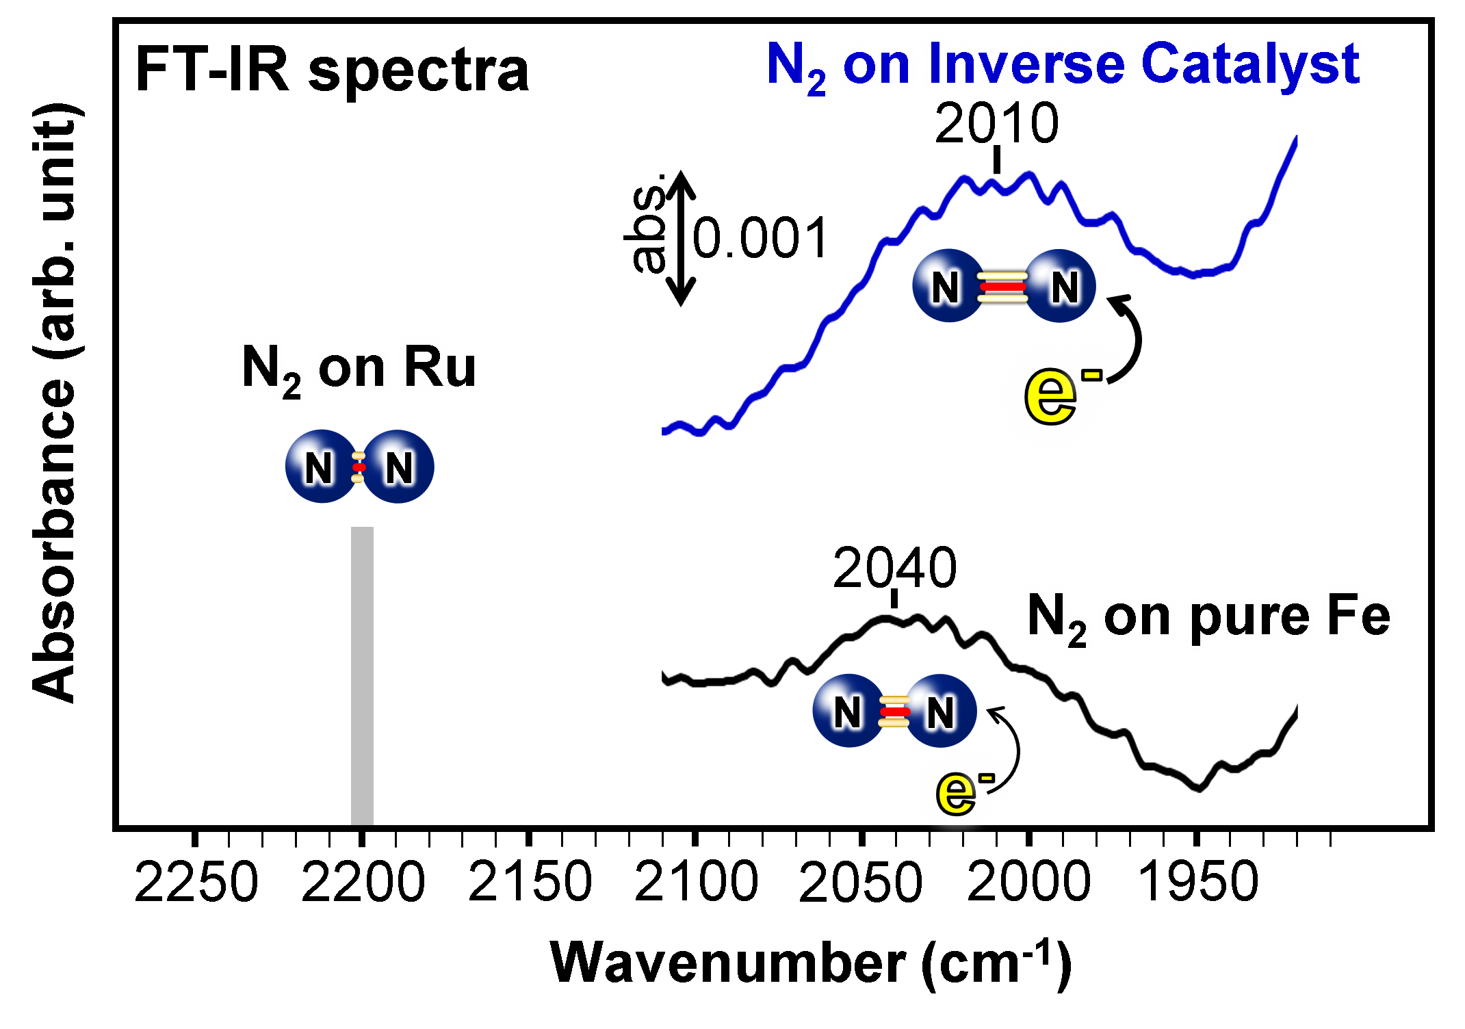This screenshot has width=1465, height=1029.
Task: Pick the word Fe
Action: point(1358,616)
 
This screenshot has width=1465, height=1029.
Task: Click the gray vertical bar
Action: point(362,675)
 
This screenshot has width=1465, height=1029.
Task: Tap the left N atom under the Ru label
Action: point(320,467)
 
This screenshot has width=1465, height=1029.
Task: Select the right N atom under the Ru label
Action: point(399,467)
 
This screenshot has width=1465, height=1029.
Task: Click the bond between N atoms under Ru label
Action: point(359,467)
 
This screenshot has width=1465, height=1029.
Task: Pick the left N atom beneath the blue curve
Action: point(946,286)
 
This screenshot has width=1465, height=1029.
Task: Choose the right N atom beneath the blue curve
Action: point(1063,286)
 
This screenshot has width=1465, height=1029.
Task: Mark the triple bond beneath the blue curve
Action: point(1002,287)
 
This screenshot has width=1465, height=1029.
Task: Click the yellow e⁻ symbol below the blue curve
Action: point(1051,395)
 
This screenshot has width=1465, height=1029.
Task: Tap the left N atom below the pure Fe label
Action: point(848,712)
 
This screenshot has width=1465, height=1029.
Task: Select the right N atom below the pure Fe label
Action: point(941,712)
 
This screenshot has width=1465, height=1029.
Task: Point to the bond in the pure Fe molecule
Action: point(894,712)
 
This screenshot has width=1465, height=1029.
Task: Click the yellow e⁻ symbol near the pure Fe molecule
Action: point(957,792)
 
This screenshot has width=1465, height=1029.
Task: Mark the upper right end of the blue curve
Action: point(1295,139)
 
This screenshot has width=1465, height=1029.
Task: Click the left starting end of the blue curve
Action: point(664,431)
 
